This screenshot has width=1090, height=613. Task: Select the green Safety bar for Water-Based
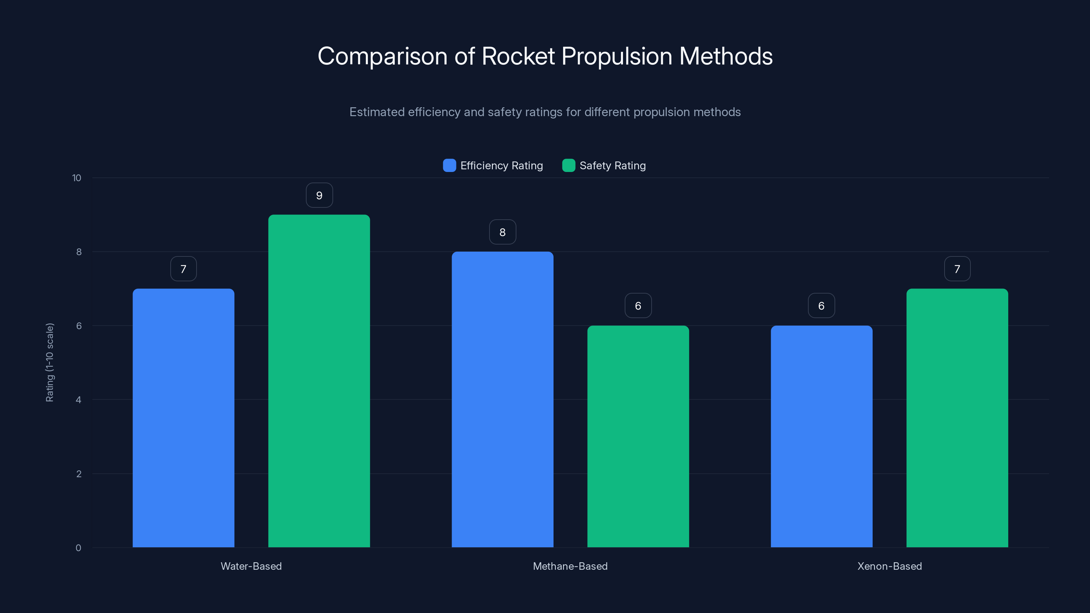point(319,381)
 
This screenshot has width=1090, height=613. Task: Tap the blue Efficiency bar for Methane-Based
point(502,399)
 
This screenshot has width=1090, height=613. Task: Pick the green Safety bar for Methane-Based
point(638,436)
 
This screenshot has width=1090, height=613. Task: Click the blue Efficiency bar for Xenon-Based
point(821,436)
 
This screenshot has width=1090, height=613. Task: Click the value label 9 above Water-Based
point(319,195)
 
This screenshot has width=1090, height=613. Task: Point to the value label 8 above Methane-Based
point(502,232)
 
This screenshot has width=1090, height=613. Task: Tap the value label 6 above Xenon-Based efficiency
point(821,306)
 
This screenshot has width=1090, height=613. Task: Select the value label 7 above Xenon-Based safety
point(957,269)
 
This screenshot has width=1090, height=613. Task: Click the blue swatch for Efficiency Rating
point(449,166)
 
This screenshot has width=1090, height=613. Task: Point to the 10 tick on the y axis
point(77,178)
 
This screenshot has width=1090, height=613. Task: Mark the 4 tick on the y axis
point(78,400)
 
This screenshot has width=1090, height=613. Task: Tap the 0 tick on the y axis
point(78,548)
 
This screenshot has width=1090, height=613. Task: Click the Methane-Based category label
point(570,566)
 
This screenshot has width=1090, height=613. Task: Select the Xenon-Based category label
point(889,566)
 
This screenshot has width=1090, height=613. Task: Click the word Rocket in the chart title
point(518,56)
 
